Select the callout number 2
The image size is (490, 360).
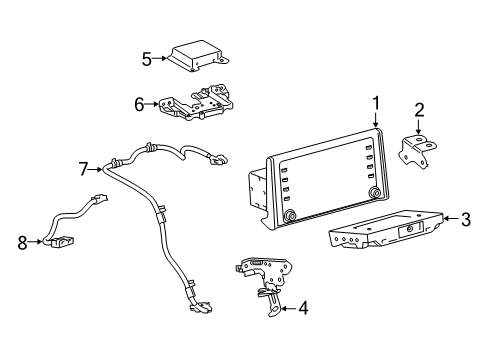[420, 110]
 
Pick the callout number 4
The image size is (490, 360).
[303, 308]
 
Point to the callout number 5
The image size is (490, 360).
[147, 58]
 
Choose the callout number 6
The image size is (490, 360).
[139, 102]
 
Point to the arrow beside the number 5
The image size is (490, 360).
[160, 58]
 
